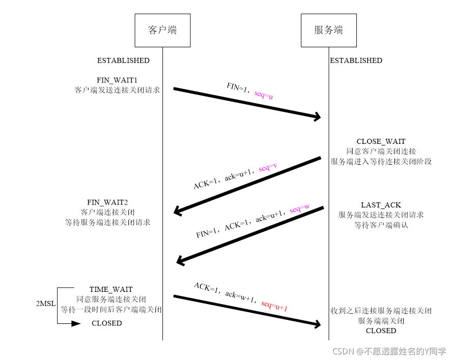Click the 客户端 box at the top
click(x=162, y=29)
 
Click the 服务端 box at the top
click(x=328, y=29)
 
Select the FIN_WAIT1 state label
click(x=117, y=80)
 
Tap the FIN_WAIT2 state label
click(x=108, y=202)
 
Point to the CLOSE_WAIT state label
click(x=381, y=141)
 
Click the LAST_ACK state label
click(x=381, y=205)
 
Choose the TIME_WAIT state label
click(x=111, y=289)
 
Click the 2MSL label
click(x=46, y=304)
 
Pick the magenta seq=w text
click(x=299, y=208)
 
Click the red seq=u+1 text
click(x=275, y=306)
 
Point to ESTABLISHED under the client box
click(x=123, y=61)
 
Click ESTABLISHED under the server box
click(x=356, y=61)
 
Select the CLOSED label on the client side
click(x=107, y=323)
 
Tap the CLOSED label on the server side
click(x=381, y=331)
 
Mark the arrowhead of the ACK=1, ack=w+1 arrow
click(x=318, y=324)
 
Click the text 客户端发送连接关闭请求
click(x=117, y=90)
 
